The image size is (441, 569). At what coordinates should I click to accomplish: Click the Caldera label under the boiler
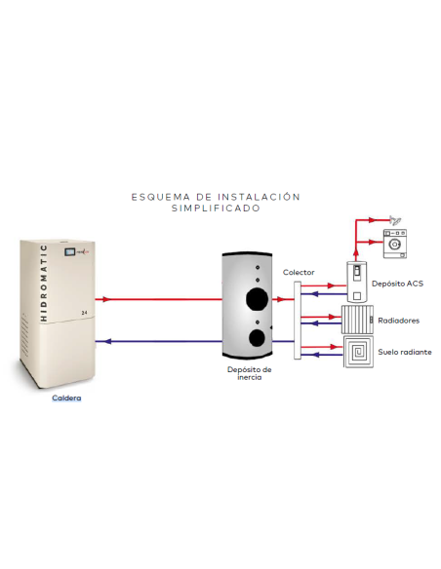66,398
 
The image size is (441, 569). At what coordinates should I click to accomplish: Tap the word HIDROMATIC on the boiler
44,284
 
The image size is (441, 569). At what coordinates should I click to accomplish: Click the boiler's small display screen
69,251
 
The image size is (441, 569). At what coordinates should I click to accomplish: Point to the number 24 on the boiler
84,313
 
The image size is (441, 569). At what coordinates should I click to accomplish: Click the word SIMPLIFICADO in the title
217,209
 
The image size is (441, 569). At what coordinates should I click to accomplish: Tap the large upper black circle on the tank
258,299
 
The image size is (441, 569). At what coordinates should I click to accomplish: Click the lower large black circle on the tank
257,338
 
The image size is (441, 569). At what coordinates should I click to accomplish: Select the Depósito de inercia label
250,373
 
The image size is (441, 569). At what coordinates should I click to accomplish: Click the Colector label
299,272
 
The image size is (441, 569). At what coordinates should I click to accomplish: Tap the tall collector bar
298,321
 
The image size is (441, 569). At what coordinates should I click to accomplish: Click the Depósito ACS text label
397,284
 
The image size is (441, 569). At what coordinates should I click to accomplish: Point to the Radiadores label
398,321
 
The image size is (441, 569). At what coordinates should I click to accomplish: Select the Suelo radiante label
405,352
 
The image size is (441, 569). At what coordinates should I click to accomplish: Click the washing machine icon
395,244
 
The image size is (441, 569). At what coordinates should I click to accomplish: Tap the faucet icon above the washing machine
395,220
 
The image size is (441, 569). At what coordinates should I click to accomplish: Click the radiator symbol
357,320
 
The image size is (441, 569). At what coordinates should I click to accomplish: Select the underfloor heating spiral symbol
358,352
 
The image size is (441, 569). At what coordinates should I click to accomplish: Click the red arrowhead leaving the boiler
106,299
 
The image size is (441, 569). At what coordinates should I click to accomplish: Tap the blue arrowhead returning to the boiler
107,341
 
